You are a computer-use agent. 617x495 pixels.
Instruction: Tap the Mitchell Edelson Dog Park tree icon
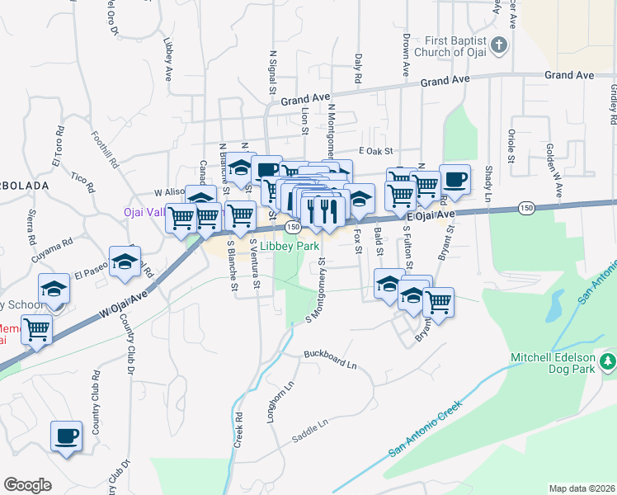[x=608, y=361]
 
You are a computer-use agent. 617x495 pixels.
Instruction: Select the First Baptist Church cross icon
[x=497, y=45]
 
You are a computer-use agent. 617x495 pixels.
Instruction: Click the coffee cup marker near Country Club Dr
[x=67, y=436]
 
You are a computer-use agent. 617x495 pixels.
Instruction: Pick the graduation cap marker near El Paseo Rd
[x=124, y=262]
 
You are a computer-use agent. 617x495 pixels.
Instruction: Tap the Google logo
[x=27, y=485]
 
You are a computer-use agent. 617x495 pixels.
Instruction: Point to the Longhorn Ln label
[x=279, y=403]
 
